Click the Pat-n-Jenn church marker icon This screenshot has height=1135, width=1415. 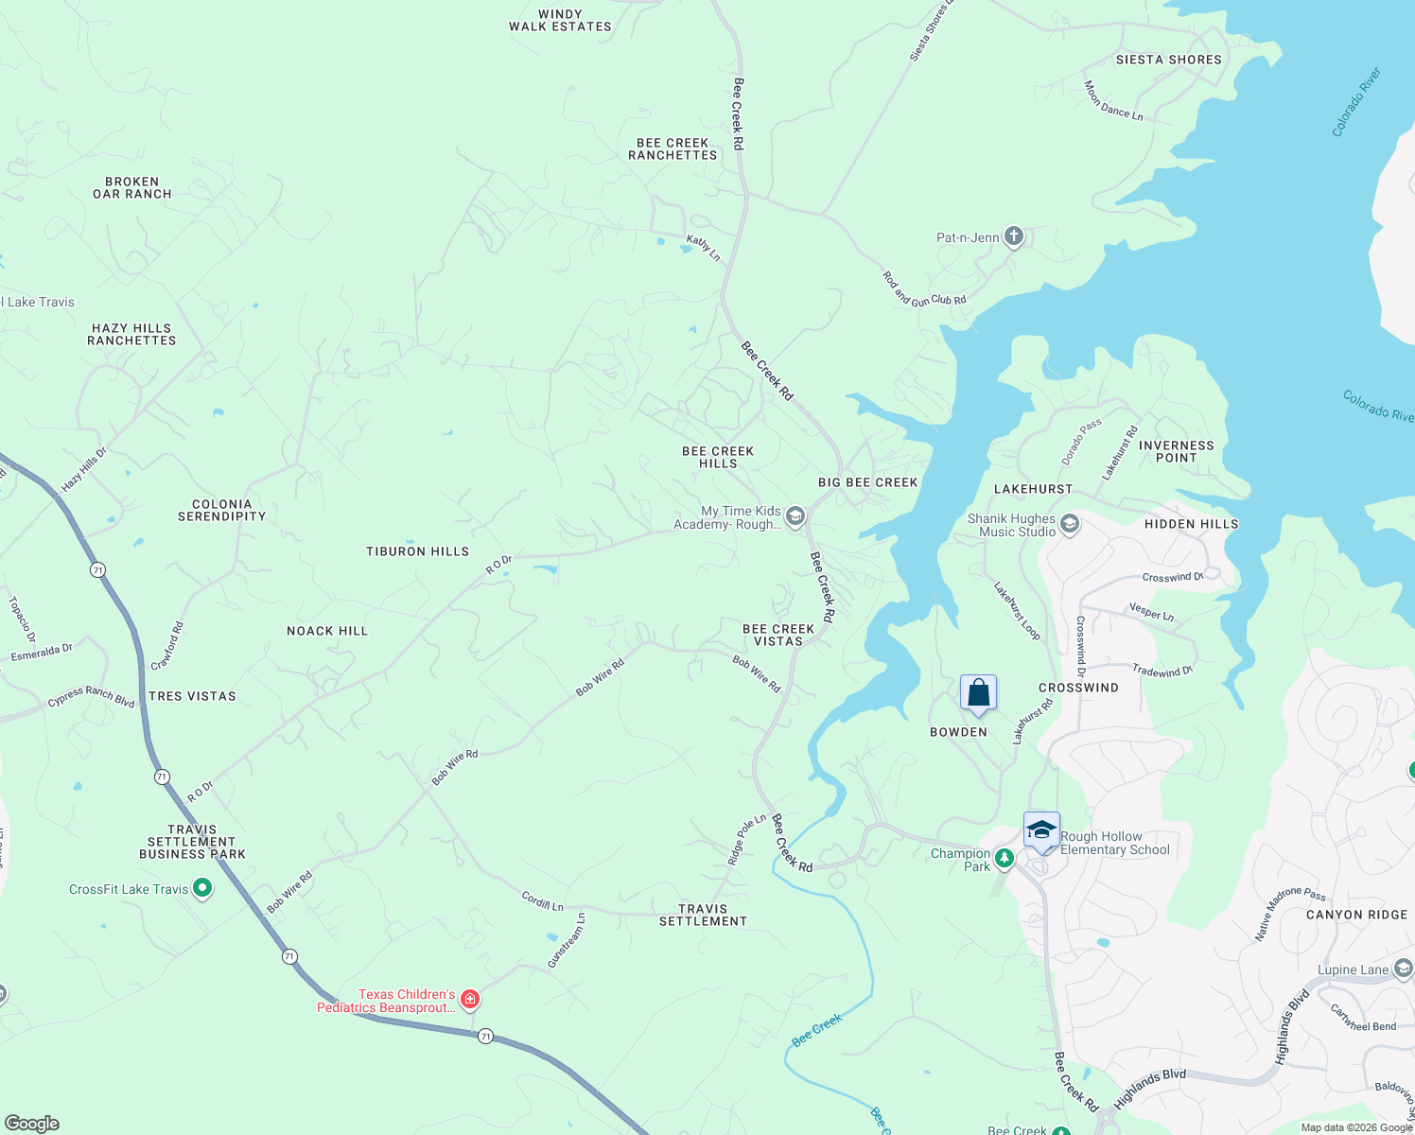(x=1013, y=236)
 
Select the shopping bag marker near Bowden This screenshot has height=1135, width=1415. (x=978, y=693)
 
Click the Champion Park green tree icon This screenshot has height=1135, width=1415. (x=1004, y=859)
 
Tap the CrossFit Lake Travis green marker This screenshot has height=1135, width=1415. (x=201, y=888)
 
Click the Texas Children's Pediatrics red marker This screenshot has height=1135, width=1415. (x=469, y=999)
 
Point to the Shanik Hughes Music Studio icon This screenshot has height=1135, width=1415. (x=1070, y=524)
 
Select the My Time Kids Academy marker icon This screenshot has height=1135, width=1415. (x=795, y=516)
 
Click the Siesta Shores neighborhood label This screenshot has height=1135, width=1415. (x=1168, y=60)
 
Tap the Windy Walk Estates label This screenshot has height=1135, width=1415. (x=560, y=21)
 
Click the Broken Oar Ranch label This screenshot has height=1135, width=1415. (x=132, y=187)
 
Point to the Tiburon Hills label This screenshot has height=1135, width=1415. (x=417, y=551)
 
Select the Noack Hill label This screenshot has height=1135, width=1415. (x=327, y=631)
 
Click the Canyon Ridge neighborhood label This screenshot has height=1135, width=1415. (x=1356, y=915)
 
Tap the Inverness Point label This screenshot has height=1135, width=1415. (x=1176, y=451)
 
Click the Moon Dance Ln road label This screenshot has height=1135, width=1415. (x=1113, y=102)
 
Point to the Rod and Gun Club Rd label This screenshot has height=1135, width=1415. (x=924, y=290)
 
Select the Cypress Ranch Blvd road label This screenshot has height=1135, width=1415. (x=92, y=697)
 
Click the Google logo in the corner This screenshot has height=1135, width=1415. (x=32, y=1124)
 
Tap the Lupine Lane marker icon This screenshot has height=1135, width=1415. (x=1404, y=969)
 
